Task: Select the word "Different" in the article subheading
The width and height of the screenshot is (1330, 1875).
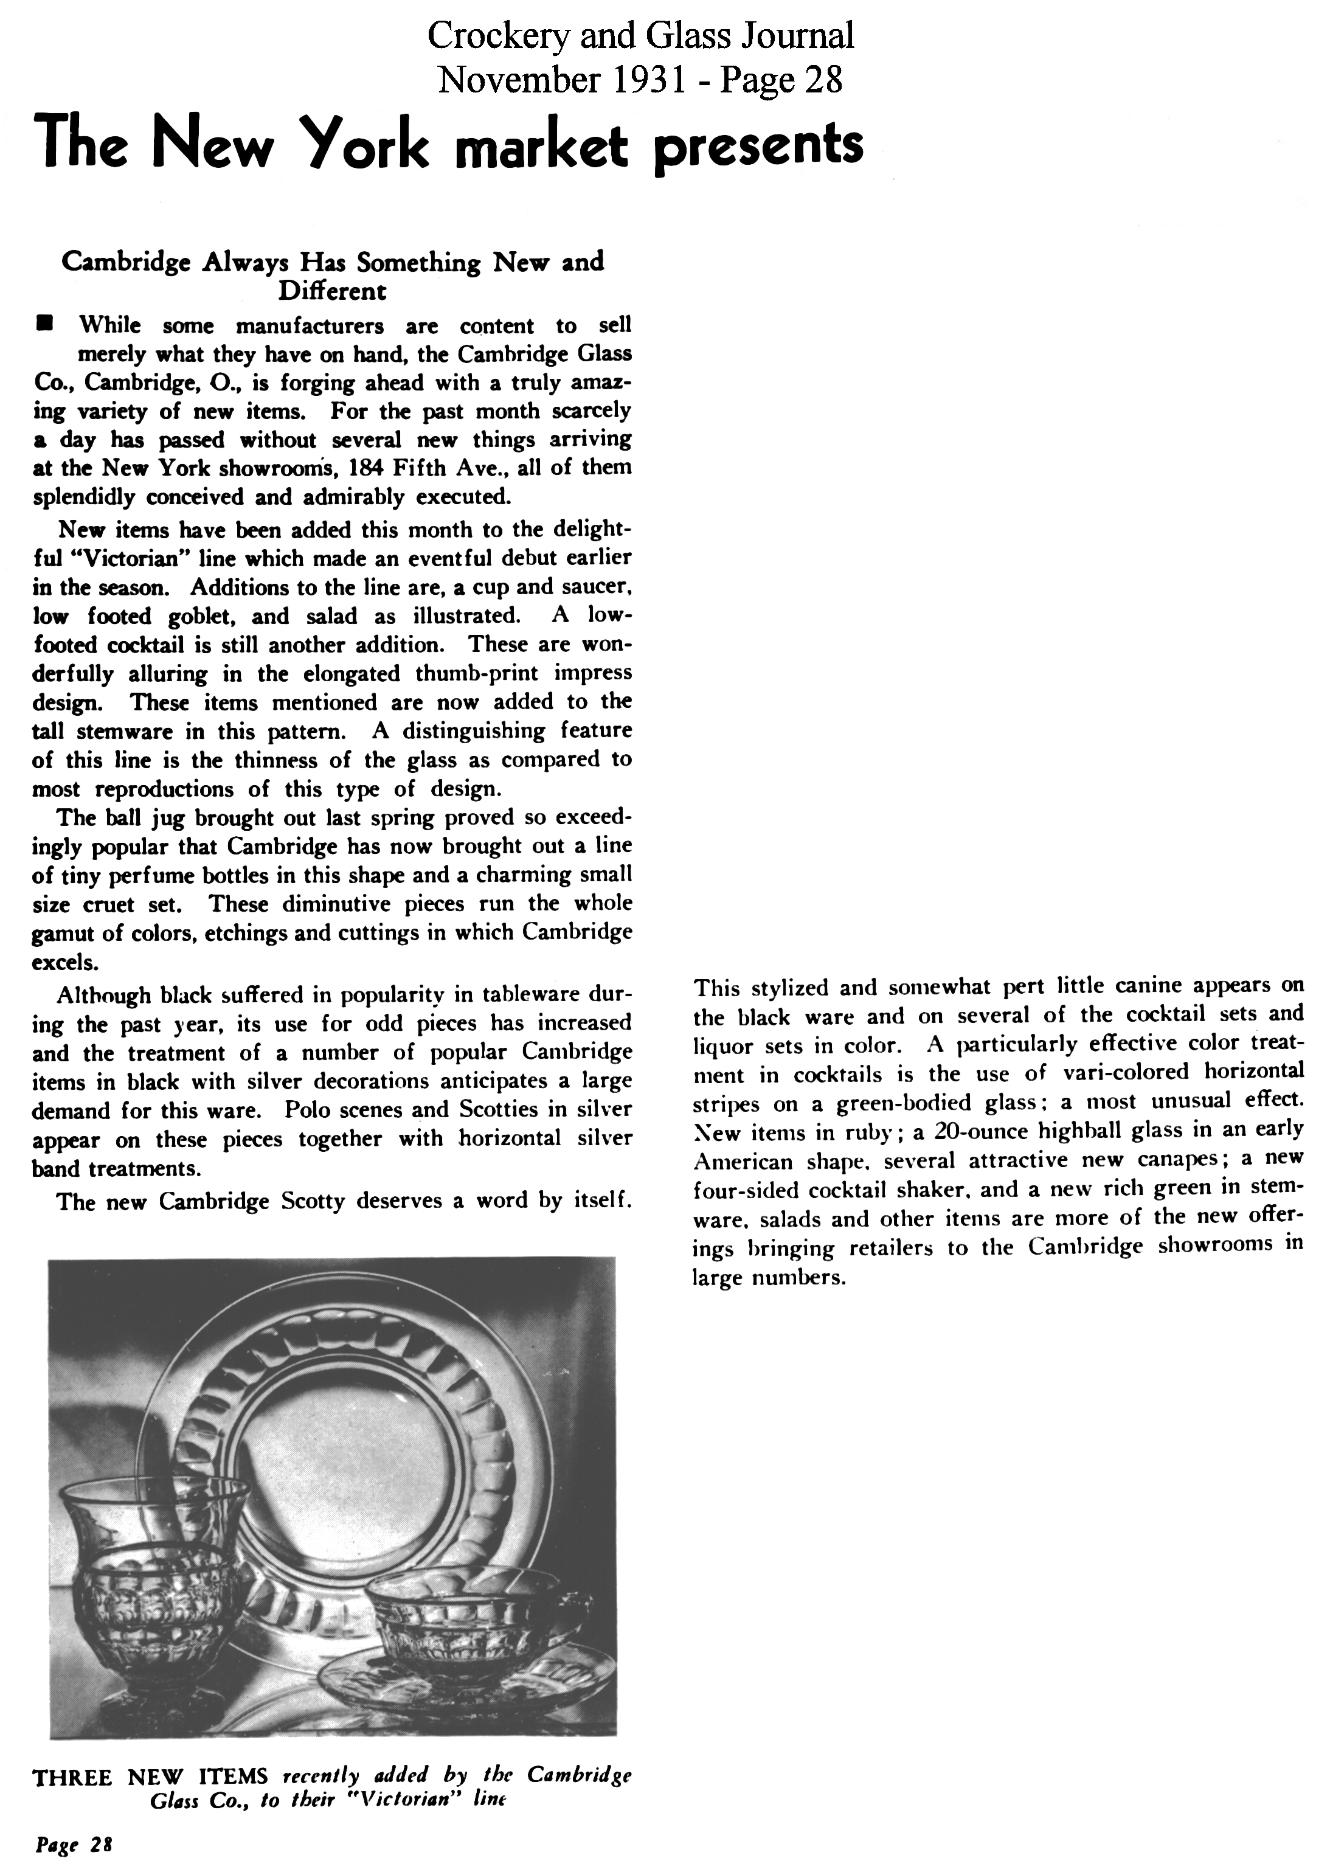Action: coord(333,291)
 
